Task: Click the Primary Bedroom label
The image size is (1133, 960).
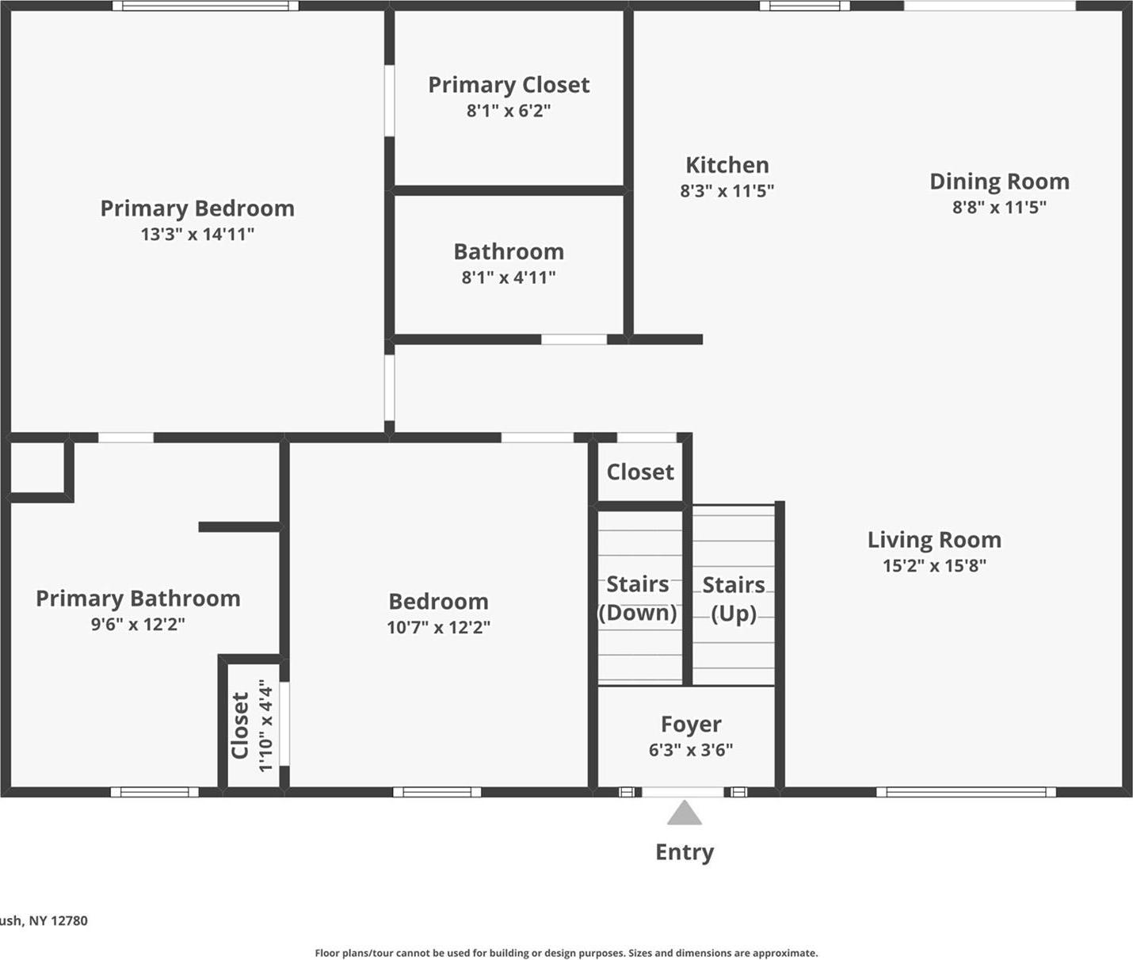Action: coord(196,208)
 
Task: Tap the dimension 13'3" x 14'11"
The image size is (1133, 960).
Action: coord(196,234)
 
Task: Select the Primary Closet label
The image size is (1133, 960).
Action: coord(509,85)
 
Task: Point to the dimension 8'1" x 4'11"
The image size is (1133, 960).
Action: coord(509,277)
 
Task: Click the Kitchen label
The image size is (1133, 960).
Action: coord(727,165)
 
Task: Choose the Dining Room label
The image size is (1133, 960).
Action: coord(999,182)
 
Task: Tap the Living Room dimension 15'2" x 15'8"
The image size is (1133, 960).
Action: coord(934,565)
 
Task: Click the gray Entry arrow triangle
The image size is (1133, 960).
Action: coord(684,814)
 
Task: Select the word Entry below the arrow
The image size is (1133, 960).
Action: coord(685,852)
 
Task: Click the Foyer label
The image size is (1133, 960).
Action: coord(691,725)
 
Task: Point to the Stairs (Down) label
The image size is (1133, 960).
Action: coord(638,599)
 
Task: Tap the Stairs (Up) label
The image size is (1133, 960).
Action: coord(734,599)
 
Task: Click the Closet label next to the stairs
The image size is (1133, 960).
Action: coord(640,472)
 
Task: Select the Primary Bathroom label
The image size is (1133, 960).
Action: coord(138,599)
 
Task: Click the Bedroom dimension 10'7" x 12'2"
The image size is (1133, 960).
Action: coord(438,627)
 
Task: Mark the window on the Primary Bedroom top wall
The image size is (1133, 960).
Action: coord(205,6)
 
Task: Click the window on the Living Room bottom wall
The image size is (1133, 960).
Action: coord(966,791)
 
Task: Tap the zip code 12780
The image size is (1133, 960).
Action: coord(69,920)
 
